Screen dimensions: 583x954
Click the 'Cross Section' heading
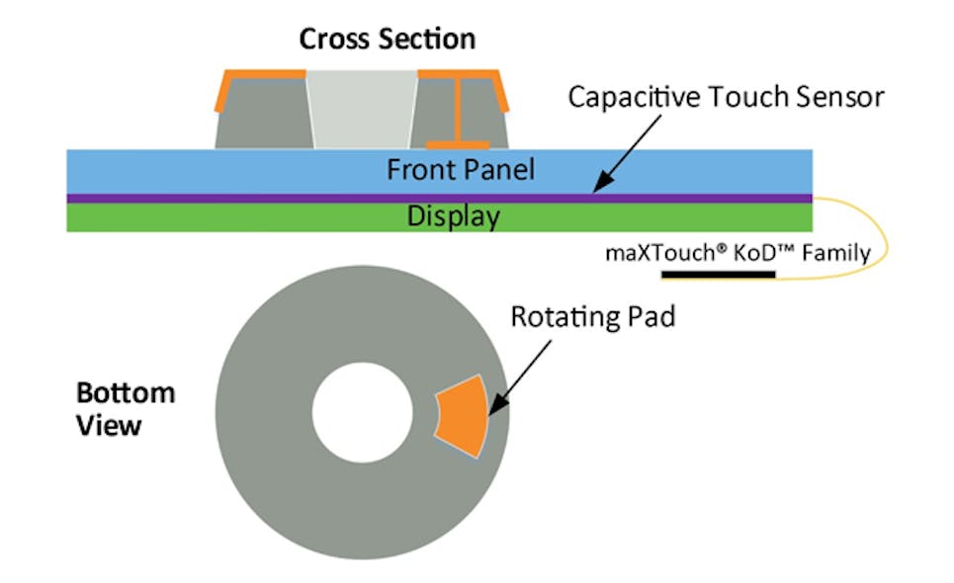click(388, 39)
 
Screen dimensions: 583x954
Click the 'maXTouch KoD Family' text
click(737, 253)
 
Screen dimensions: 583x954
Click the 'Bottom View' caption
click(125, 409)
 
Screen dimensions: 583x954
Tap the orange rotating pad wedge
click(463, 416)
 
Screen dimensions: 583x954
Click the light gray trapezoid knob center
click(361, 110)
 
